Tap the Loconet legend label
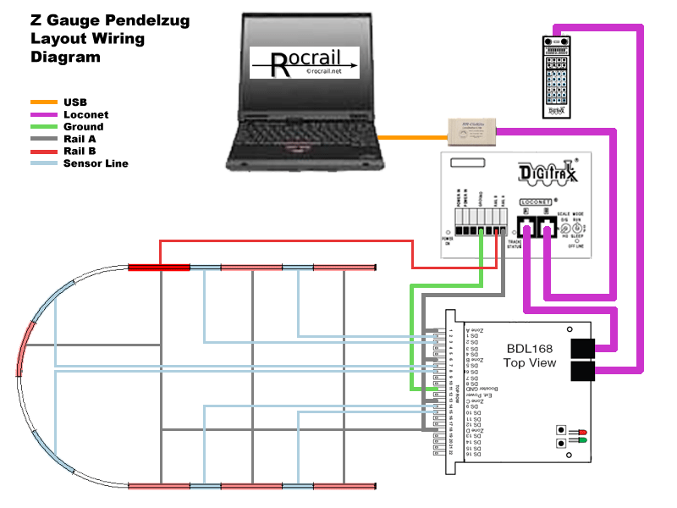pyautogui.click(x=85, y=114)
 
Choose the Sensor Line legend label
pyautogui.click(x=96, y=163)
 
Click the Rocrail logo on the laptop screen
pyautogui.click(x=305, y=63)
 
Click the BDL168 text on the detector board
pyautogui.click(x=531, y=348)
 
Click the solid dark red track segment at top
pyautogui.click(x=158, y=268)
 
